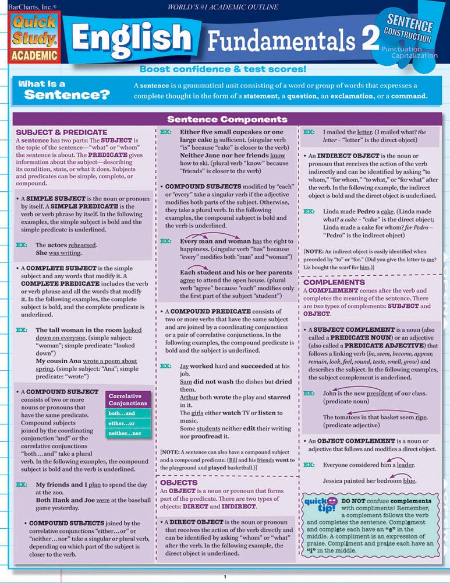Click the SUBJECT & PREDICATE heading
[62, 132]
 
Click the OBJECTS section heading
[179, 483]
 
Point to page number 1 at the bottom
[225, 577]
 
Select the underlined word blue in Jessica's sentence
[409, 481]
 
